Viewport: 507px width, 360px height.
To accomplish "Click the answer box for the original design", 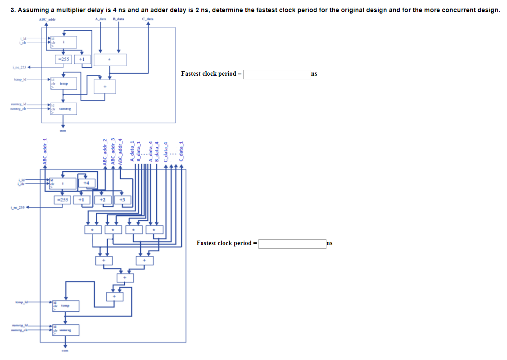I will pos(276,74).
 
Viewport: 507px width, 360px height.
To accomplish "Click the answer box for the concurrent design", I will pos(292,244).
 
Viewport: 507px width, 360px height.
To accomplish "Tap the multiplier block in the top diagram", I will pos(110,59).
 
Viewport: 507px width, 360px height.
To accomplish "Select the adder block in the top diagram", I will pos(104,86).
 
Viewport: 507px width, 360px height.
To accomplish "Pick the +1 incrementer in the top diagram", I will pos(82,59).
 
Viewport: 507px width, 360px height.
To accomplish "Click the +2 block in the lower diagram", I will pos(103,199).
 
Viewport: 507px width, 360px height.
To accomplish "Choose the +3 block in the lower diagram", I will pos(122,199).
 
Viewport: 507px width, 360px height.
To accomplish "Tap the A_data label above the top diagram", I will pos(101,19).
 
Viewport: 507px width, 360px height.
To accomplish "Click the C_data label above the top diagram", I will pos(148,19).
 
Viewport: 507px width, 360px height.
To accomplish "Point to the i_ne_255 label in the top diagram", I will pos(18,67).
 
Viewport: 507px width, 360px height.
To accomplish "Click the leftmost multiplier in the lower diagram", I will pos(93,230).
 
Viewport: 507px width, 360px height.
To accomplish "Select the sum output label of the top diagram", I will pos(63,130).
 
